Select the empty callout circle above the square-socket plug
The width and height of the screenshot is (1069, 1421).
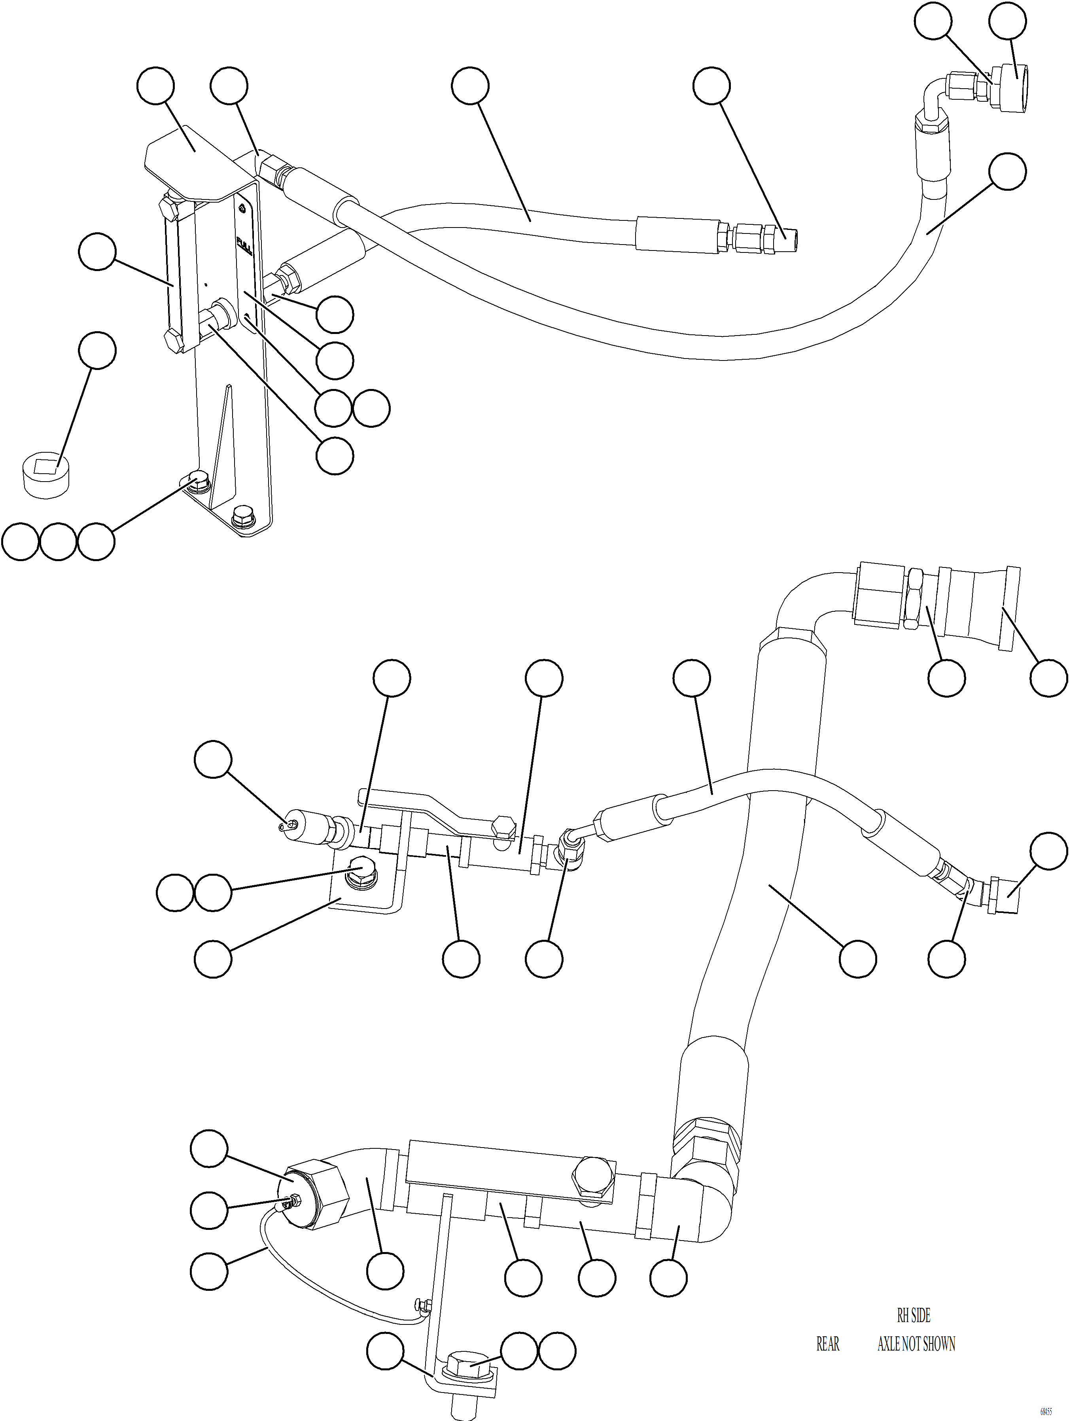pos(96,351)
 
